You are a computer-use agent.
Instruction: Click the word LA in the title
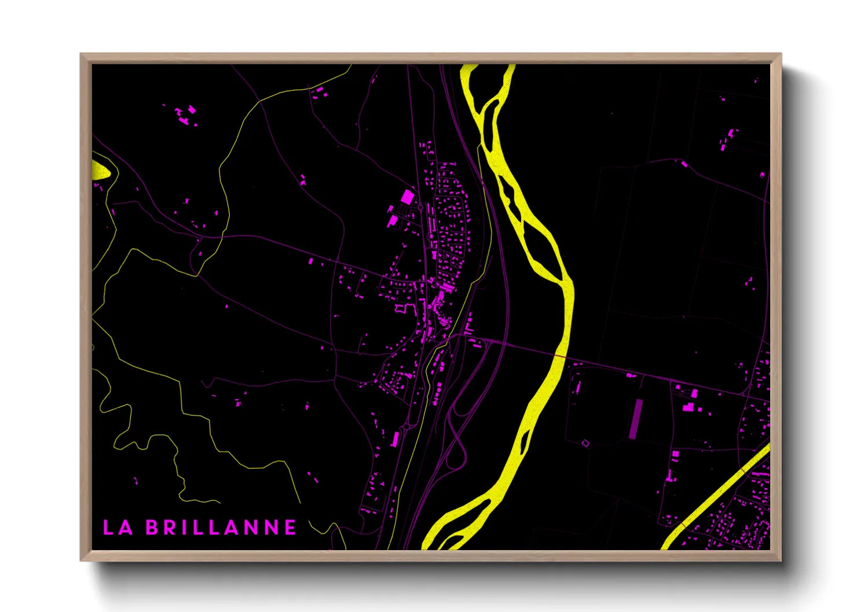[118, 528]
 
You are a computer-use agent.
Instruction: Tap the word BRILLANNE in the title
[221, 528]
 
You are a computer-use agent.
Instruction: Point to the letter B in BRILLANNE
[152, 528]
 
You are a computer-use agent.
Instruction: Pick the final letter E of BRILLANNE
[290, 528]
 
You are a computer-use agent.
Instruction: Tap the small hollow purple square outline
[585, 443]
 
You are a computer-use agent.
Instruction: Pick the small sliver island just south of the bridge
[524, 444]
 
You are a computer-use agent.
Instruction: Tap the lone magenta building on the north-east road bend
[684, 164]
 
